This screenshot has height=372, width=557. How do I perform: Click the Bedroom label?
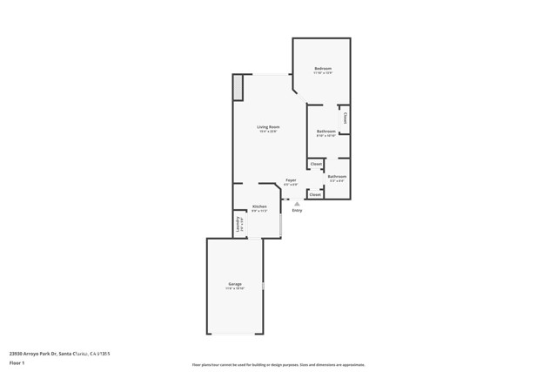[323, 68]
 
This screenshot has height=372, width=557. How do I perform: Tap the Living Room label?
[268, 127]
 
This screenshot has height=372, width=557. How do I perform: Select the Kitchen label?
[259, 206]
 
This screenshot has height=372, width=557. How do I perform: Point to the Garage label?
[235, 284]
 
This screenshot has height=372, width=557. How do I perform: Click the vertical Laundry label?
[238, 224]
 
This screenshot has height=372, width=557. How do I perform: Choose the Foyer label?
[291, 180]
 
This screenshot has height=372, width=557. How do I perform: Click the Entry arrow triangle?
[297, 204]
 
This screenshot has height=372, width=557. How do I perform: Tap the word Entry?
[297, 210]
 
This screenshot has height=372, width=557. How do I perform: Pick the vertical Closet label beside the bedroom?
[345, 118]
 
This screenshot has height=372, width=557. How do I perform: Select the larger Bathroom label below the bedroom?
[326, 132]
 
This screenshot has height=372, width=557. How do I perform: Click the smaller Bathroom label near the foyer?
[337, 177]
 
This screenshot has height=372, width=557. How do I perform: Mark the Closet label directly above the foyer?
[316, 164]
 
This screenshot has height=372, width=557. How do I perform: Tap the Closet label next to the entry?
[315, 194]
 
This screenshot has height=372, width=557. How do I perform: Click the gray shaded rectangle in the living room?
[238, 87]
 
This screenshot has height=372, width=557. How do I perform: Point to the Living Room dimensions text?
[268, 132]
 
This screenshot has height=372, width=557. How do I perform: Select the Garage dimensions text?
[235, 288]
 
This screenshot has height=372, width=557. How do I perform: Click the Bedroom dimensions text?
[323, 72]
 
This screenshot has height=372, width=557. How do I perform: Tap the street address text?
[59, 354]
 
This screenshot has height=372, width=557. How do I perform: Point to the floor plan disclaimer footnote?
[278, 365]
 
